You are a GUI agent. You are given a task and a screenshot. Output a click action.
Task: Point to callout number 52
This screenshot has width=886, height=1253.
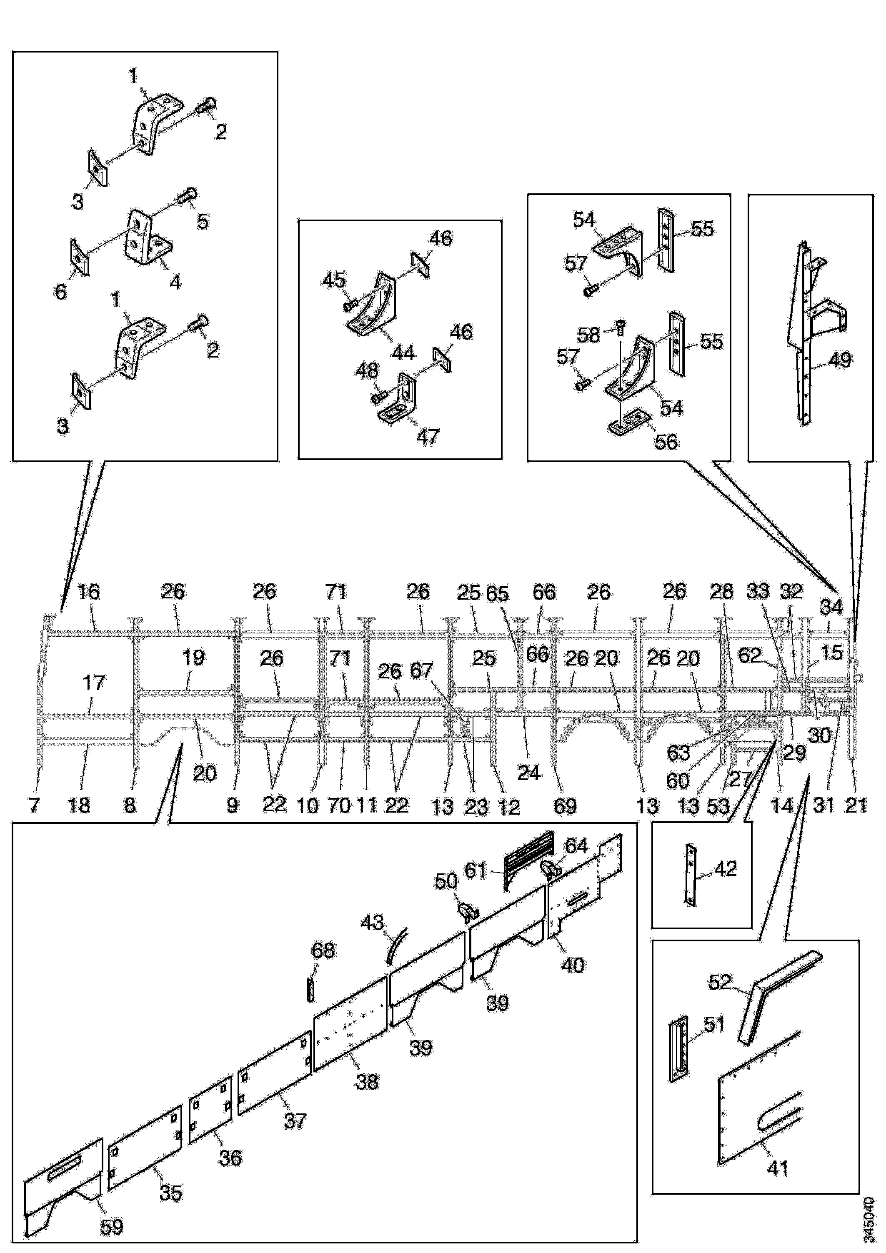click(719, 982)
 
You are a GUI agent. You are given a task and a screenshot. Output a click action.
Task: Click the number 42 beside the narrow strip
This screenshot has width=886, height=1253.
click(726, 868)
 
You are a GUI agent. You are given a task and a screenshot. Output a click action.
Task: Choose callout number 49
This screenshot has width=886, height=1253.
click(840, 360)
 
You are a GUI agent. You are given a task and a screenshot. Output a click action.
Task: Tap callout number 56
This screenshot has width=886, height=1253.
click(666, 442)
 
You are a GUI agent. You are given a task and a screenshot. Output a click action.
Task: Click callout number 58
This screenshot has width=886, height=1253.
click(588, 335)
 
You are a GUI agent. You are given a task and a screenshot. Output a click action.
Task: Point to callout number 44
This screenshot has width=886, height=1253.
click(403, 353)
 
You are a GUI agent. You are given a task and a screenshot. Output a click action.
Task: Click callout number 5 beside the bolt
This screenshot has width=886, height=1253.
click(202, 221)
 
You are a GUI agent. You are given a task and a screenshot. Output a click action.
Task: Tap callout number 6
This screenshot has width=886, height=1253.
click(60, 291)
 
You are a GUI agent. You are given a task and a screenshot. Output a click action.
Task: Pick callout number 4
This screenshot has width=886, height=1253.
click(175, 282)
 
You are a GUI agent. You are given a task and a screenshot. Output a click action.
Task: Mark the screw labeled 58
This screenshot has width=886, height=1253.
click(620, 327)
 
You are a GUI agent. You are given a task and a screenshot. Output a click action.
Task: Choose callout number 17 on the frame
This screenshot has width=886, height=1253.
click(93, 682)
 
